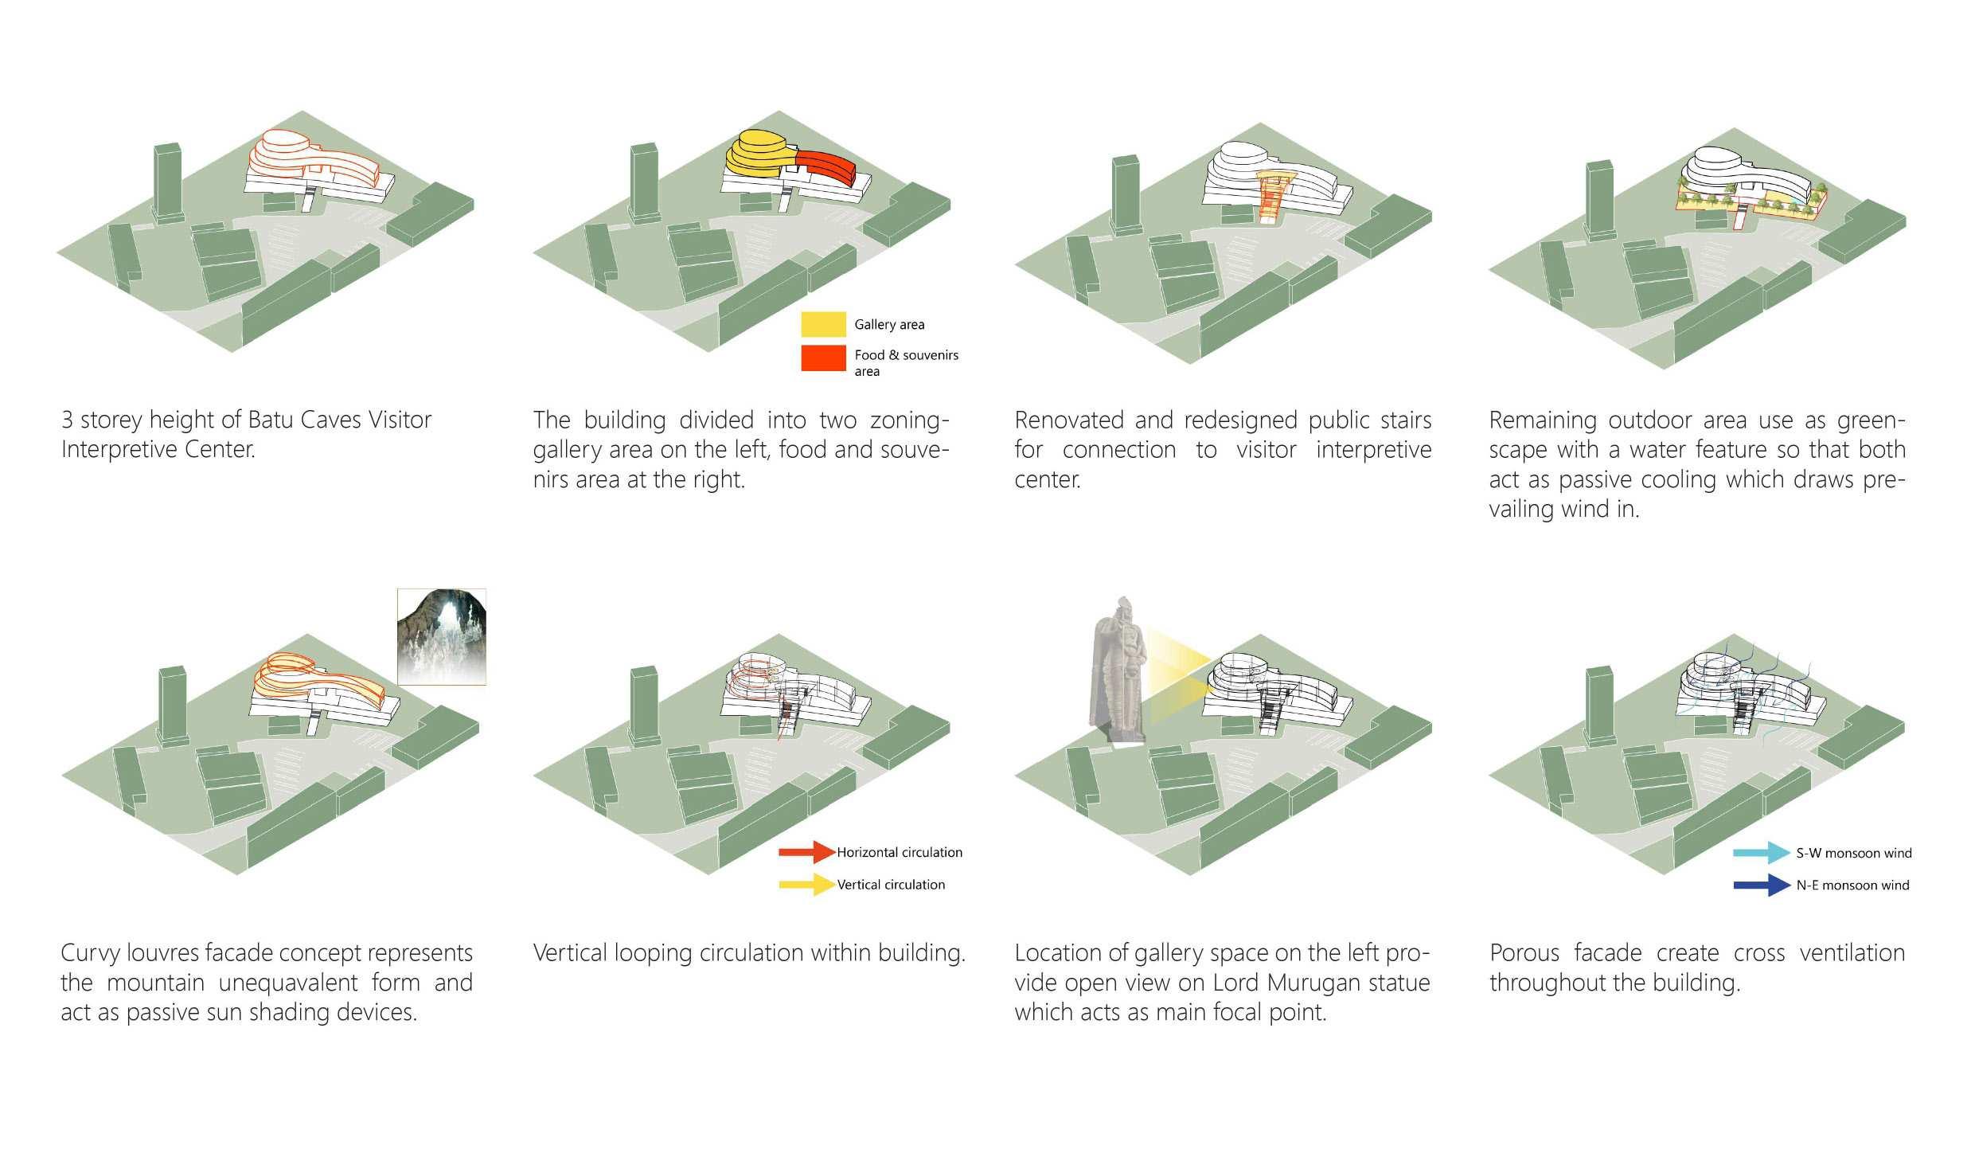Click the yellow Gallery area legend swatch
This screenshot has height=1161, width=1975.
click(x=823, y=324)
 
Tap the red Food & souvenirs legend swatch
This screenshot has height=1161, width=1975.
click(x=823, y=358)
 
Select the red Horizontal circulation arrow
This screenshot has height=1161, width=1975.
click(x=806, y=852)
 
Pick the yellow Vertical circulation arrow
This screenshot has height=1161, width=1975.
click(x=806, y=884)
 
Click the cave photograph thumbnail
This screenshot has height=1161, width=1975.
click(x=441, y=637)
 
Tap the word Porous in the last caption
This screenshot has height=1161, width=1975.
click(x=1524, y=953)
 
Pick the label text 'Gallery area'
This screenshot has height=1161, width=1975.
click(x=889, y=324)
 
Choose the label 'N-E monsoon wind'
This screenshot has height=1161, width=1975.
click(x=1852, y=885)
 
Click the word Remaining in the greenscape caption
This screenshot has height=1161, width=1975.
click(x=1541, y=420)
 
